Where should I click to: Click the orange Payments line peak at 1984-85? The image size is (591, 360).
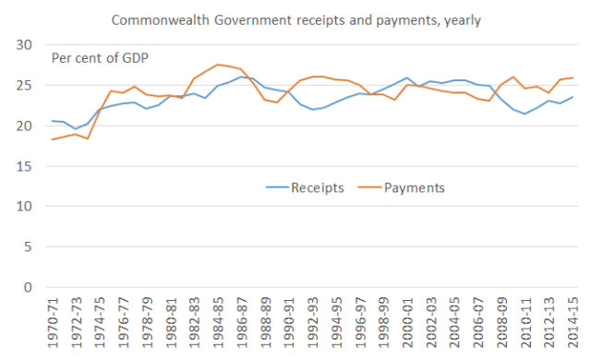pos(217,65)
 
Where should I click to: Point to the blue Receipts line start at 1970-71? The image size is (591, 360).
pos(53,121)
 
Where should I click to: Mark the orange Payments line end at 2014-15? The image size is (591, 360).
pos(573,78)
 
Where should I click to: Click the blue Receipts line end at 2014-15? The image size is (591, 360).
pos(573,97)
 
